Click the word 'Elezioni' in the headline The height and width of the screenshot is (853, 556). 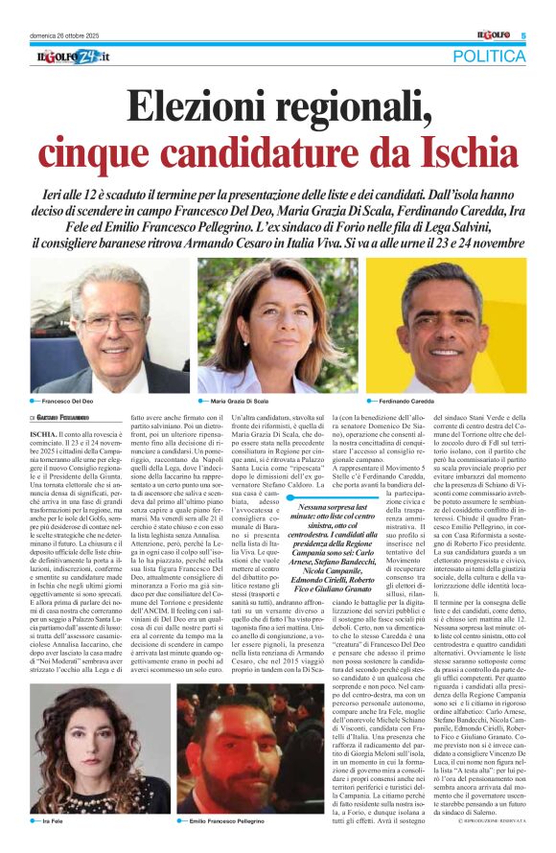[x=204, y=105]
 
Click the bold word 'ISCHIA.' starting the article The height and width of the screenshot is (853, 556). [x=44, y=433]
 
